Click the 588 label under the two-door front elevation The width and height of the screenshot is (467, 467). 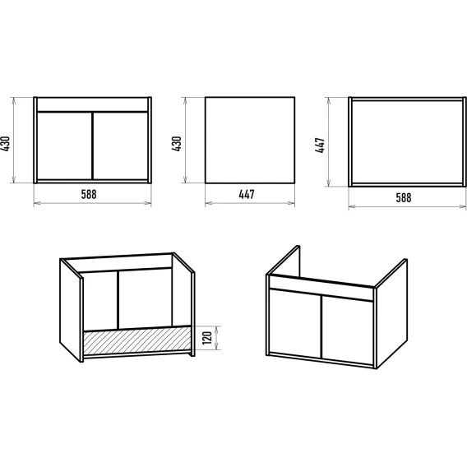click(x=89, y=194)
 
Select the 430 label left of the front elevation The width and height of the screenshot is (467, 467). click(x=6, y=144)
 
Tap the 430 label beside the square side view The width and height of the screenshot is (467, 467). click(x=177, y=144)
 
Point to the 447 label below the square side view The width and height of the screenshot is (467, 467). click(x=247, y=194)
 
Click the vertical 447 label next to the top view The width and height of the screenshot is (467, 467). click(x=320, y=145)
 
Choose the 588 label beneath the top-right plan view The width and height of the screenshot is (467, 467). click(x=404, y=198)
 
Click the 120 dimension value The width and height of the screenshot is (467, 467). click(x=207, y=338)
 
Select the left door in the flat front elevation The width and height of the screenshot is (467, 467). click(x=64, y=146)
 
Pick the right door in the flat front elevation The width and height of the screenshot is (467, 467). click(x=121, y=146)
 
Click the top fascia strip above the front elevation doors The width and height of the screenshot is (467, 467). click(x=92, y=104)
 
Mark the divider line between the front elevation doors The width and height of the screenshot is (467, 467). click(x=93, y=146)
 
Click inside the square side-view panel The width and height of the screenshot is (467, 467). click(x=250, y=140)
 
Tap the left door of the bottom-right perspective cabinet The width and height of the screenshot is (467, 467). click(x=295, y=323)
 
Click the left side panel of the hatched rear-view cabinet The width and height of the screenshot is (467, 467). click(x=70, y=310)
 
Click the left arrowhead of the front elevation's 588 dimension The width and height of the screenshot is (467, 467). click(x=36, y=203)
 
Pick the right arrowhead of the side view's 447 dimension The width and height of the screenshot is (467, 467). click(x=292, y=203)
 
